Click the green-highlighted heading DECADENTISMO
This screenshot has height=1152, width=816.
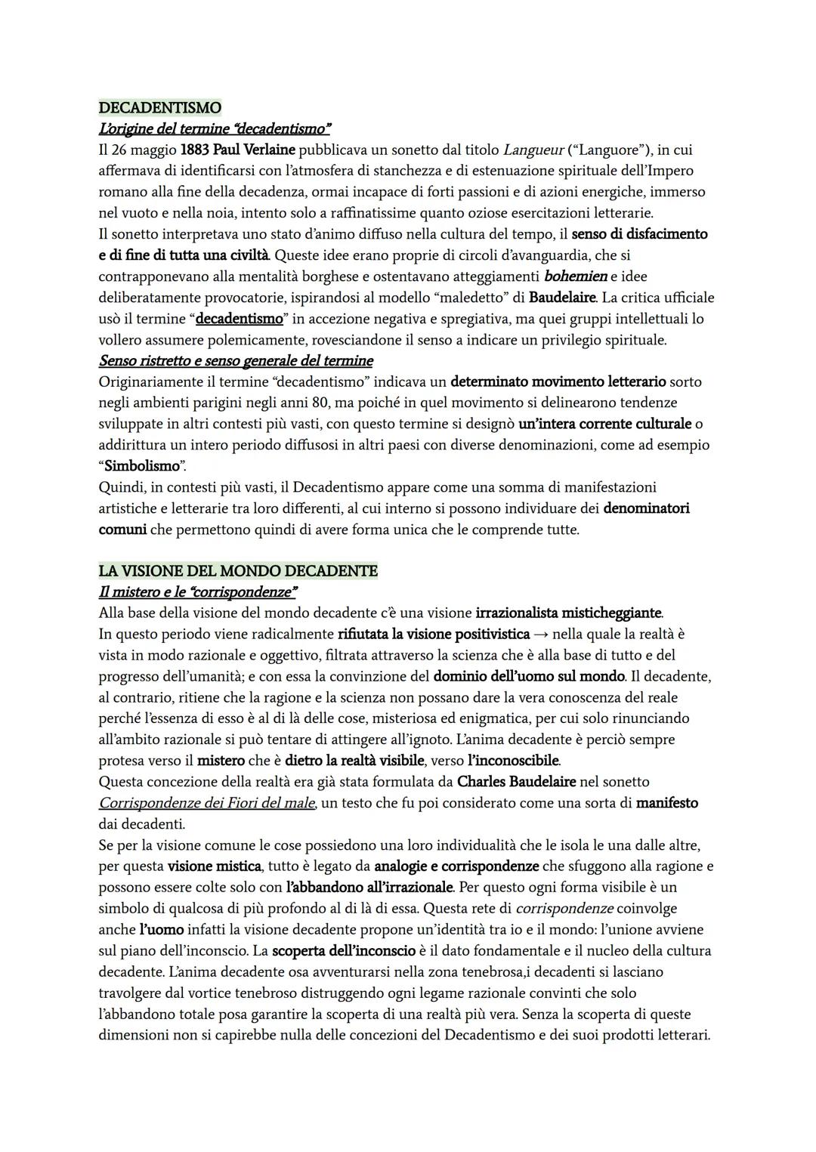159,108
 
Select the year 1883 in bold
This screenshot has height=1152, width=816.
195,150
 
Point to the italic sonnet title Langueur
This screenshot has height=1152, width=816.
533,150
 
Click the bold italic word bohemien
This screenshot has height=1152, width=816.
575,276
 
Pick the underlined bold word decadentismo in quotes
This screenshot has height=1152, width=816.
239,319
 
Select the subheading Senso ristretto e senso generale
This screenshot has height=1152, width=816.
236,360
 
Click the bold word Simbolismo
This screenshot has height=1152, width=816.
143,465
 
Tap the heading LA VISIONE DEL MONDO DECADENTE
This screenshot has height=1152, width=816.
238,571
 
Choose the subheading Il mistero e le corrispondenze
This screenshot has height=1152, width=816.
198,591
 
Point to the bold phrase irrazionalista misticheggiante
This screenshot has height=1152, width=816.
568,613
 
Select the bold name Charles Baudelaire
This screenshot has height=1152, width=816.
516,781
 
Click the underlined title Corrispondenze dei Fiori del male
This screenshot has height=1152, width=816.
207,803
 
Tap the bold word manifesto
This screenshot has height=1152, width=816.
666,803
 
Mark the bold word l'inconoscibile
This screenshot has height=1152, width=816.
514,760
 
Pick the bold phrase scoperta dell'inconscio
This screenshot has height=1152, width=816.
344,950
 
